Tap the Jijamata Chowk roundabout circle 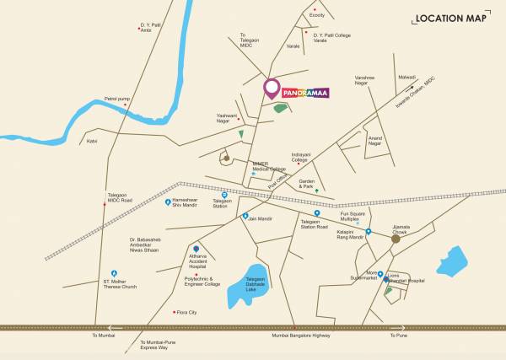tap(396, 239)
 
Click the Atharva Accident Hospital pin tap(196, 250)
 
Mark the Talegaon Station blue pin tap(224, 195)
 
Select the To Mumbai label tap(103, 336)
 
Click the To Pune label tap(398, 336)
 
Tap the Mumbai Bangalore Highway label tap(302, 336)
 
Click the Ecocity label tap(316, 13)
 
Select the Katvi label tap(92, 141)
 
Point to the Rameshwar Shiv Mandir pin tap(168, 202)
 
